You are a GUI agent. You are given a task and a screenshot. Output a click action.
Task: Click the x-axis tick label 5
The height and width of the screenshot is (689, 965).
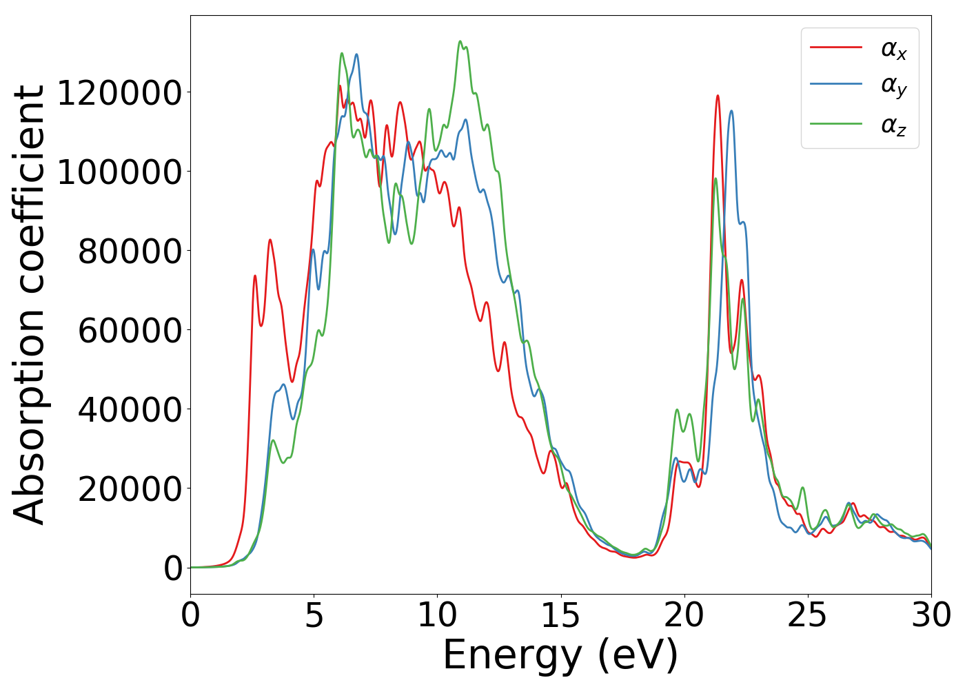[x=314, y=616]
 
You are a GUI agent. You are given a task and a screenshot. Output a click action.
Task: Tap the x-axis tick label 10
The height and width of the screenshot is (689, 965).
[x=437, y=616]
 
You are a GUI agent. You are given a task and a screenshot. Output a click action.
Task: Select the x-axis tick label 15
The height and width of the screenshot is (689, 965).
[x=560, y=616]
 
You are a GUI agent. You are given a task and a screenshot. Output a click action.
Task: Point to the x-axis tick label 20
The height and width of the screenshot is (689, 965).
[x=684, y=616]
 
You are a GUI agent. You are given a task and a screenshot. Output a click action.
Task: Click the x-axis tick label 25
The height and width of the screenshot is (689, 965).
[x=807, y=616]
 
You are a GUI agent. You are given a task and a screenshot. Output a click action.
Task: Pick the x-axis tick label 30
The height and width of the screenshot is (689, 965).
[x=931, y=616]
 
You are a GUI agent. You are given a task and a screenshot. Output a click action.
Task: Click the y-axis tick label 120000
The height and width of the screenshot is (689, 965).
[x=119, y=93]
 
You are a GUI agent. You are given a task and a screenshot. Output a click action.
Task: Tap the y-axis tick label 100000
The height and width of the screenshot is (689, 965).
[x=119, y=172]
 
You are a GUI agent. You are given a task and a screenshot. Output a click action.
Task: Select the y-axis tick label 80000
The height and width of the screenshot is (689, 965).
[x=130, y=251]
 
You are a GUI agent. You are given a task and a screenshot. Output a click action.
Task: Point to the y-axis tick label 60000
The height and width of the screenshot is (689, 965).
[x=130, y=331]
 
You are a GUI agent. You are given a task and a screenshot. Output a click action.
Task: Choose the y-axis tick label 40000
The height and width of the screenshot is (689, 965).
[x=130, y=410]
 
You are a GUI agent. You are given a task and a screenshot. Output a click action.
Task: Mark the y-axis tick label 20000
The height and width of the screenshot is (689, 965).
[x=130, y=489]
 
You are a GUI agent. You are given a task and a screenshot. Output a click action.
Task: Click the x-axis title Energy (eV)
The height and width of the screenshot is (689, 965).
[x=560, y=655]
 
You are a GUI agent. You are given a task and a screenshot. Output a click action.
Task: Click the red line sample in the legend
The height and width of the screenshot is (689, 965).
[x=836, y=47]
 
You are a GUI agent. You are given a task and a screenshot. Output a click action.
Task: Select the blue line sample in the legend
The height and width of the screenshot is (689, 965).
[x=836, y=85]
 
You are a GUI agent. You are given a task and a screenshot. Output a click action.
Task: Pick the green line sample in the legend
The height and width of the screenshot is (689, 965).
[x=836, y=124]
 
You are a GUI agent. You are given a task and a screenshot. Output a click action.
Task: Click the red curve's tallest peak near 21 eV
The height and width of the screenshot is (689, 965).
[x=718, y=96]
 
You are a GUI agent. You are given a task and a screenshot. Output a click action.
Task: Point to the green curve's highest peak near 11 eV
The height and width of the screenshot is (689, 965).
[x=460, y=41]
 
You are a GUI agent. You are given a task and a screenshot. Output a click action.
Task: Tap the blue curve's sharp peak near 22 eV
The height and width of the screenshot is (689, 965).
[x=731, y=111]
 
